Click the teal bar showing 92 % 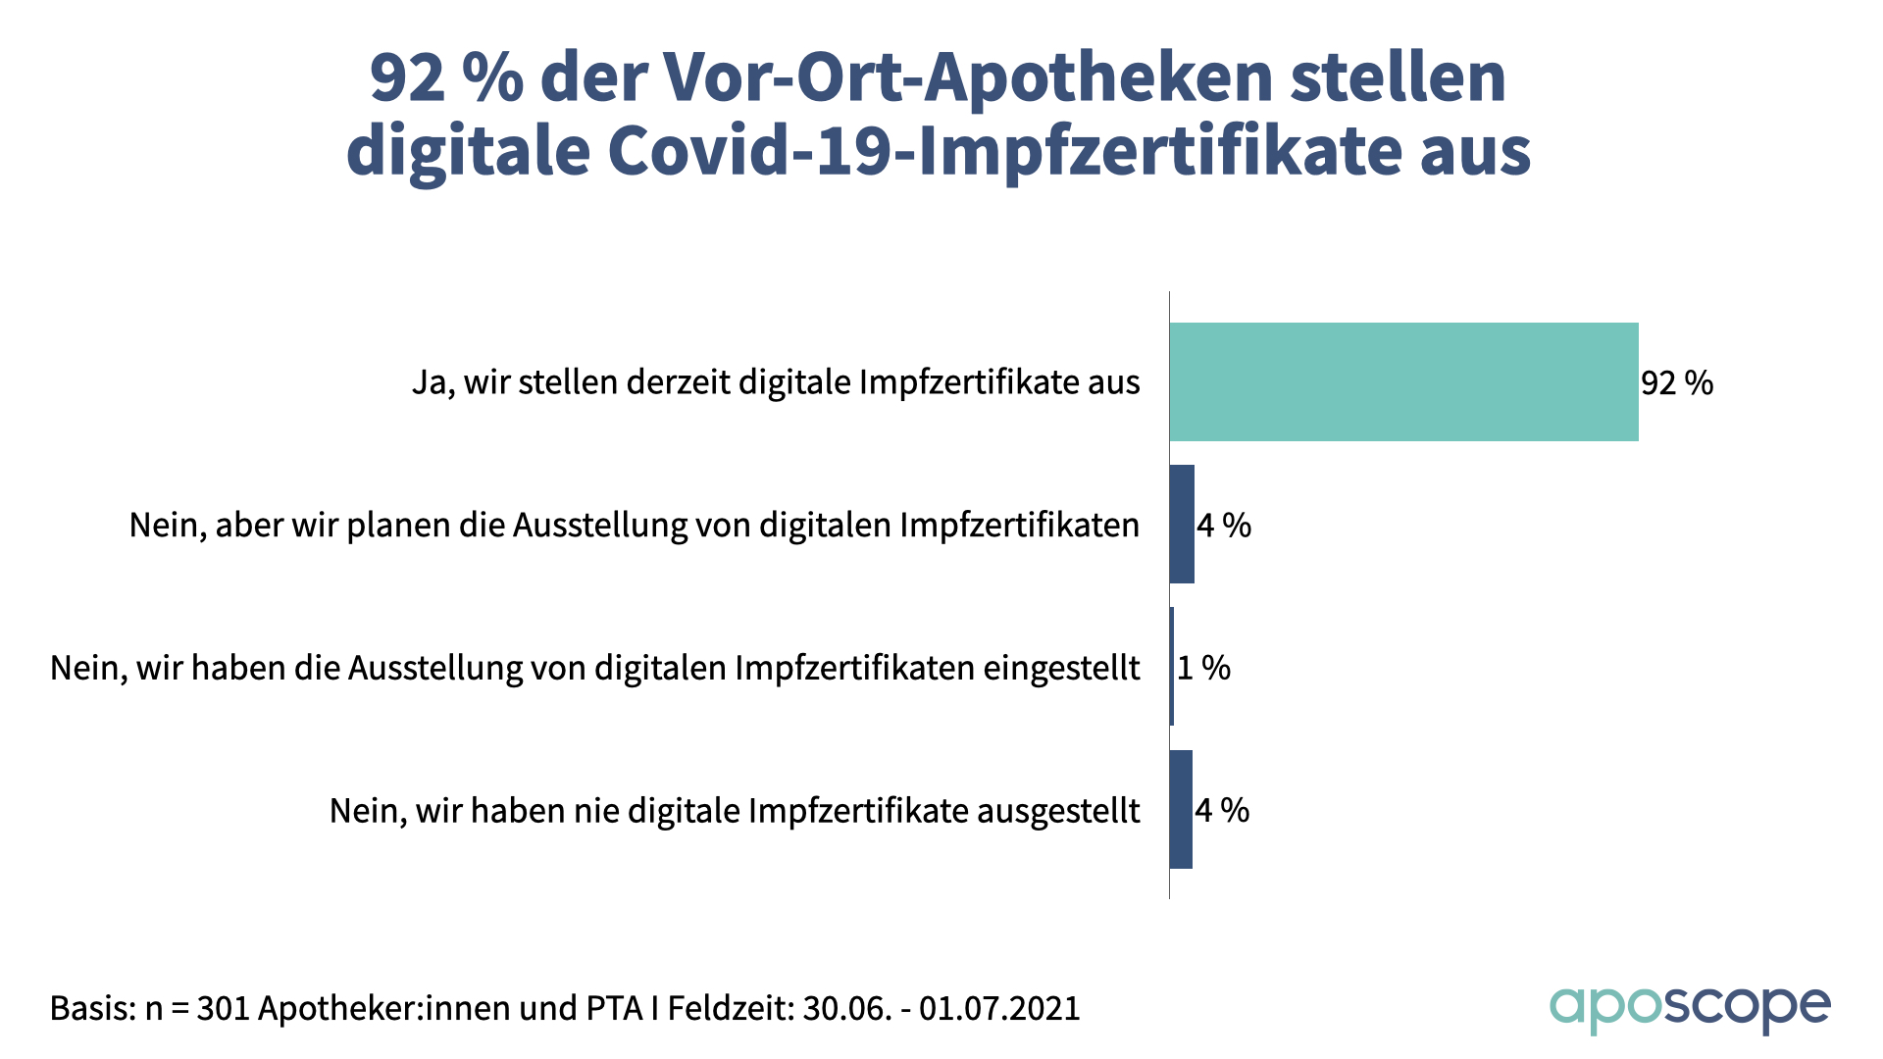coord(1403,381)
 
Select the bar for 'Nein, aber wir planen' coord(1182,525)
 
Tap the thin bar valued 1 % coord(1171,667)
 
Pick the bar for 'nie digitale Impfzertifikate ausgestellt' coord(1181,810)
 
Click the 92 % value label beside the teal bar coord(1677,382)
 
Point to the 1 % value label coord(1203,668)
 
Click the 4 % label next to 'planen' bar coord(1224,526)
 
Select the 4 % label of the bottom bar coord(1222,810)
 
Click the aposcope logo coord(1690,1008)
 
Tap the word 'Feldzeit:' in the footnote coord(731,1008)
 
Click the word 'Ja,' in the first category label coord(433,382)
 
